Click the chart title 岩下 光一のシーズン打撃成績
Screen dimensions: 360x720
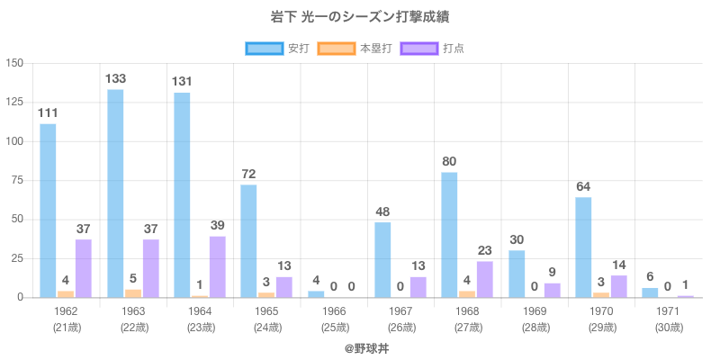click(360, 17)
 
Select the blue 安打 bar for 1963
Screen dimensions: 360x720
click(115, 193)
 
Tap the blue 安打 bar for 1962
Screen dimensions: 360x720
click(48, 211)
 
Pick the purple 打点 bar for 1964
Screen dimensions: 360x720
click(218, 267)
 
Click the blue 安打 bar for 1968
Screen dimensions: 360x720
click(449, 235)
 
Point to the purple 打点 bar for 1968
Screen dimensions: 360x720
click(485, 279)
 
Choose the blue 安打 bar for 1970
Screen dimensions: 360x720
click(583, 247)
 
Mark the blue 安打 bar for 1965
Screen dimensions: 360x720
click(248, 241)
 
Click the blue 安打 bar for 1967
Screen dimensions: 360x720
click(382, 260)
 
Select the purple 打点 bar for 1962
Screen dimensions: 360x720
click(84, 268)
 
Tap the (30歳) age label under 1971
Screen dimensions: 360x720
click(668, 328)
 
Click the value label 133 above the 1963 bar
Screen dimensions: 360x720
click(115, 78)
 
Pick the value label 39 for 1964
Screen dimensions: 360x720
click(218, 225)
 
